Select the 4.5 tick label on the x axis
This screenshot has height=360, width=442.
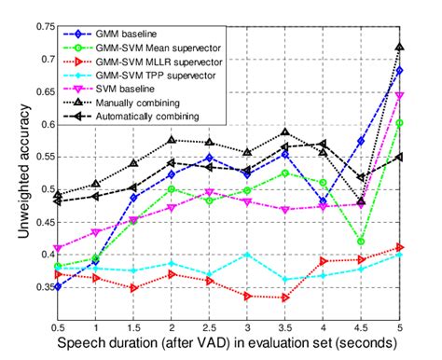361,328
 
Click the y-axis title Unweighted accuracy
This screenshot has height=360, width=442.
18,172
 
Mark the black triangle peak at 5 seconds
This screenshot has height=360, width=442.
399,47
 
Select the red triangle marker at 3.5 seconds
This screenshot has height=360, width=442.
285,298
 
